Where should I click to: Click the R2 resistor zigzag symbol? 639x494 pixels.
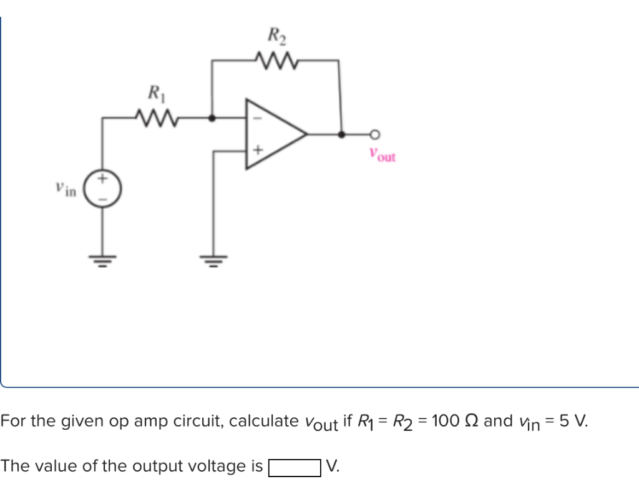(x=275, y=61)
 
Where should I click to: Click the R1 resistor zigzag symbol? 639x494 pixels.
(x=154, y=117)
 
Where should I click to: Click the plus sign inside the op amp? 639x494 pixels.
(x=257, y=151)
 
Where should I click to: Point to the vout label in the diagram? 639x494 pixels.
(x=382, y=155)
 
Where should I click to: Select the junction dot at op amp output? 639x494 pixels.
(x=341, y=134)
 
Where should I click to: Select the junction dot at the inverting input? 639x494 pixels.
(x=213, y=117)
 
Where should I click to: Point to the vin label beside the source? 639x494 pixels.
(x=65, y=188)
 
